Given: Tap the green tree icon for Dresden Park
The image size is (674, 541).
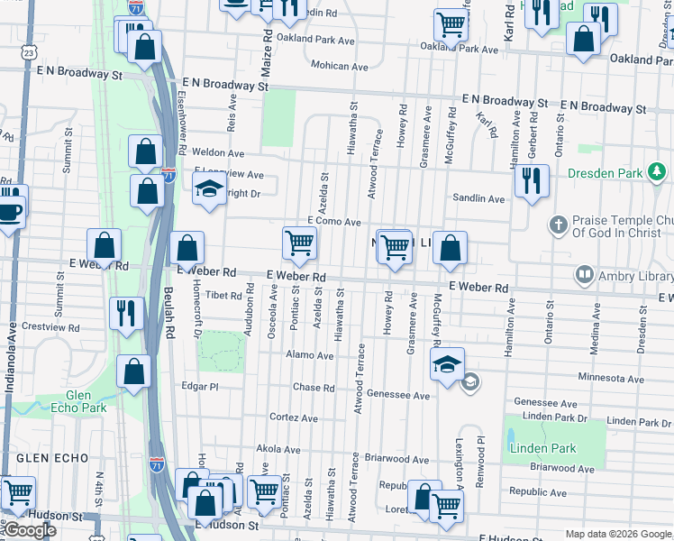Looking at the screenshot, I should click(658, 171).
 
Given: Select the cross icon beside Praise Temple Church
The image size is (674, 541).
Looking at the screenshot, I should click(558, 224).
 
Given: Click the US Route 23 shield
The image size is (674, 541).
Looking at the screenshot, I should click(29, 53).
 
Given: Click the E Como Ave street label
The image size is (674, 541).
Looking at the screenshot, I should click(333, 222).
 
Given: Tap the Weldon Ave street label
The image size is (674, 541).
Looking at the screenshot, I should click(213, 152).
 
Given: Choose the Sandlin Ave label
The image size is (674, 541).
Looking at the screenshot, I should click(478, 198).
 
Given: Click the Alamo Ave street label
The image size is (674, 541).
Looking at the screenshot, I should click(311, 356).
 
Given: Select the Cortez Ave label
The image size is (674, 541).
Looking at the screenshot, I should click(294, 417).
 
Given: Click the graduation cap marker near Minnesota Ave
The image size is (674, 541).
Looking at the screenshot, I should click(446, 364).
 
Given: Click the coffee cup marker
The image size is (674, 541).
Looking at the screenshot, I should click(9, 214).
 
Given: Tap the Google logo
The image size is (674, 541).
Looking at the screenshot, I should click(29, 531).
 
